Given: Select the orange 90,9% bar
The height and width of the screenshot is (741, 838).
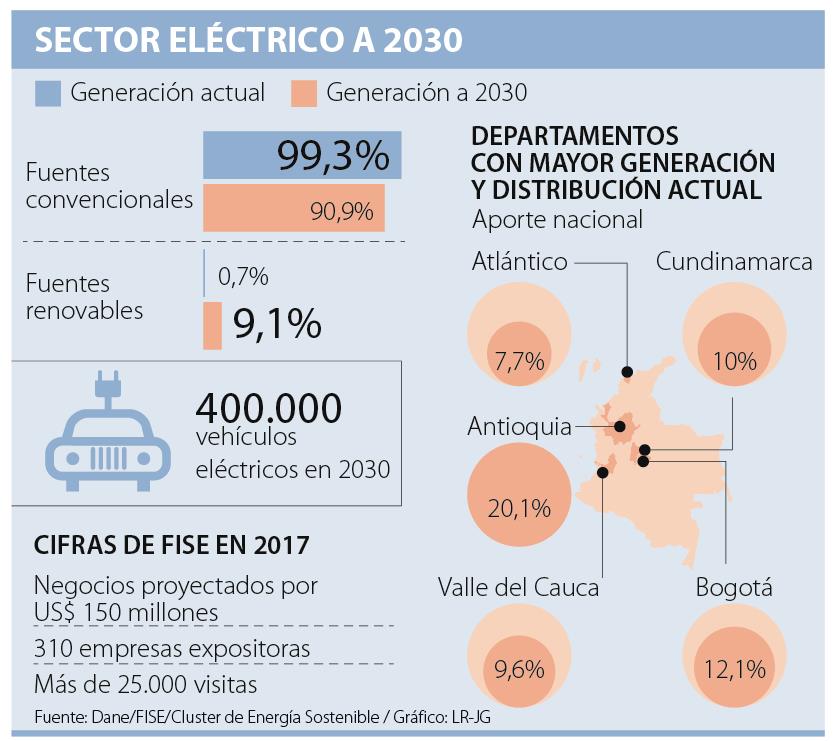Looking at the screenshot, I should tap(295, 210).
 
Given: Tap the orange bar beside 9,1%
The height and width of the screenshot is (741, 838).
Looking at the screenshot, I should tap(212, 326).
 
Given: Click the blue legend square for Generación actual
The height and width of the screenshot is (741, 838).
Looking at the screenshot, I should tap(49, 93).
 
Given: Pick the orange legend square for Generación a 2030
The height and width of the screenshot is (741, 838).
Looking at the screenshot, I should tap(305, 93).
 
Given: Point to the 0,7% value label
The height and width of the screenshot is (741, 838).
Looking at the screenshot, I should tap(243, 275).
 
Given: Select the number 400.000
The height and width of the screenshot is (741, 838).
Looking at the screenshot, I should tap(269, 407).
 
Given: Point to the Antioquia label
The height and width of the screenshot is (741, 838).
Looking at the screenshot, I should tap(519, 427).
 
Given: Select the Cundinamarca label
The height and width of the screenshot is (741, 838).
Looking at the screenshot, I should tap(734, 262).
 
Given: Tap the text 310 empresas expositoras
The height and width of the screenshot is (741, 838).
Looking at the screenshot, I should tap(172, 649).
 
